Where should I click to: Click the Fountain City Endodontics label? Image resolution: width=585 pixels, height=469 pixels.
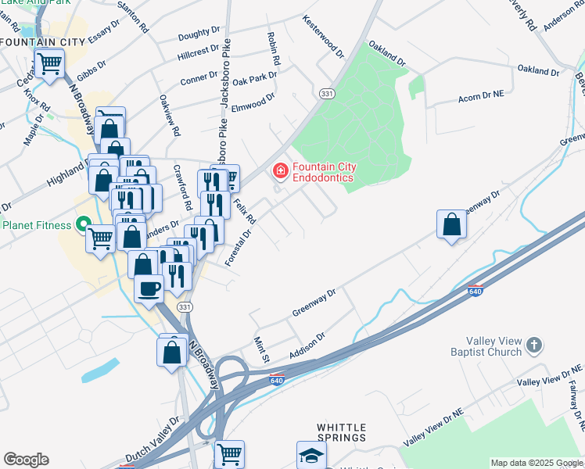(x=322, y=172)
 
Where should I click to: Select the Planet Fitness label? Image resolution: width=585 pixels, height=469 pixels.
(x=38, y=226)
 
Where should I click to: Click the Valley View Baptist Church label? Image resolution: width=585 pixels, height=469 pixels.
(x=483, y=346)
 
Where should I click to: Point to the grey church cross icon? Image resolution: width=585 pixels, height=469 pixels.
(x=534, y=344)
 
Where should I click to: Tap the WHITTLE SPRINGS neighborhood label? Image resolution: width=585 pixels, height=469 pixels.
(x=342, y=431)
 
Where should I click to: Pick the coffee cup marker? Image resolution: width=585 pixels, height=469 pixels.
(x=149, y=288)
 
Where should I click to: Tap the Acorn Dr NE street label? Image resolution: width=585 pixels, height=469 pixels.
(x=482, y=99)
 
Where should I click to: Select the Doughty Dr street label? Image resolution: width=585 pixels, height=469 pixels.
(x=199, y=33)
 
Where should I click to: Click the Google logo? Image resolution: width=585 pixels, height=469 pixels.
(x=26, y=460)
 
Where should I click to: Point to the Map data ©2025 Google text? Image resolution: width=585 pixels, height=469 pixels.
(x=537, y=463)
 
